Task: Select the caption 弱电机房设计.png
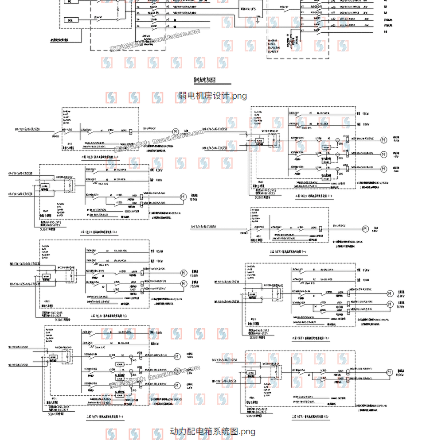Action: click(x=212, y=96)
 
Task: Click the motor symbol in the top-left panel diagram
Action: click(x=175, y=131)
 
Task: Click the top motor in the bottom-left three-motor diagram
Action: click(x=177, y=356)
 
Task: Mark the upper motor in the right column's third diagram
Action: click(x=390, y=293)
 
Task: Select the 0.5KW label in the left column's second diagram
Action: click(x=158, y=170)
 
